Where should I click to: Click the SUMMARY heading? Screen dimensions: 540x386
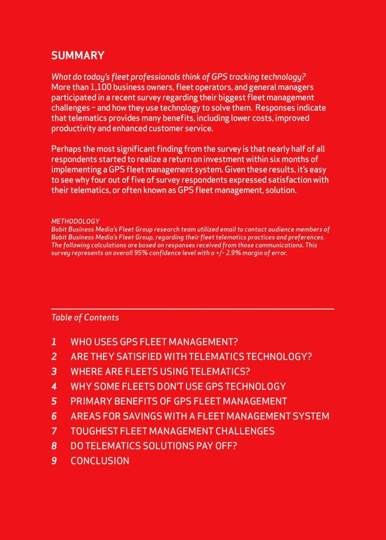pos(78,55)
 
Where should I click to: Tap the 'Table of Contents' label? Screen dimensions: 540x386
pos(85,318)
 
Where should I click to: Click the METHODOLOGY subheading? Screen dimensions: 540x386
pos(75,221)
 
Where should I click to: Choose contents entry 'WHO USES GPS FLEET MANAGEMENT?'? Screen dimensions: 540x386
pos(154,342)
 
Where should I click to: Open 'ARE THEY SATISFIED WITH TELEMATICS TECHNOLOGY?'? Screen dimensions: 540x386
pos(191,356)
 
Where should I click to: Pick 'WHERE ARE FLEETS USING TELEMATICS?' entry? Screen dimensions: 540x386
pos(160,372)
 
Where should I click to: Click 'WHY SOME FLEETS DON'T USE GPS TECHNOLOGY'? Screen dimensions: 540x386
pos(178,386)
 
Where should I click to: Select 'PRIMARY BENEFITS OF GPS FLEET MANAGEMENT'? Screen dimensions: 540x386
pos(179,401)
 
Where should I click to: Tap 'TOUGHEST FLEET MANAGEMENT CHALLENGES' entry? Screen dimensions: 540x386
pos(172,431)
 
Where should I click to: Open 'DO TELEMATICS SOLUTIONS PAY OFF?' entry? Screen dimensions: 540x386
pos(154,446)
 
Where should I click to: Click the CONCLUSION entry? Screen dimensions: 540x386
pos(100,461)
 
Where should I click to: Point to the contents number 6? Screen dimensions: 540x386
pos(54,416)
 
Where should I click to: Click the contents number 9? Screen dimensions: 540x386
pos(54,461)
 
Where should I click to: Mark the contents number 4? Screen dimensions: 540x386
pos(54,386)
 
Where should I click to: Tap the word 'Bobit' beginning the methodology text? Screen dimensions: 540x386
pos(59,230)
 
